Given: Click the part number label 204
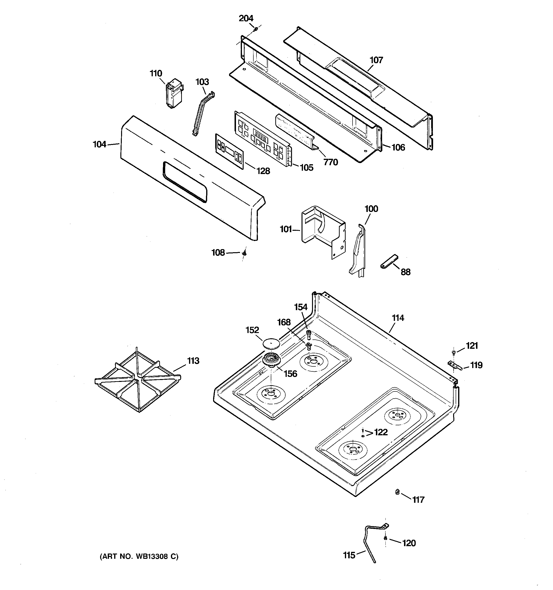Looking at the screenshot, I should (x=246, y=18).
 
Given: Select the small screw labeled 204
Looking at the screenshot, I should (x=256, y=29).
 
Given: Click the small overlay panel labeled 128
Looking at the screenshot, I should (x=229, y=152).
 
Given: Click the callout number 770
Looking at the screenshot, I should (x=331, y=162).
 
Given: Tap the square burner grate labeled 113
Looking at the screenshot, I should (x=138, y=380).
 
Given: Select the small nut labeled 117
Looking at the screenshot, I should (x=397, y=492).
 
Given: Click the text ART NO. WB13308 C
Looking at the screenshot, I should (x=139, y=556).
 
